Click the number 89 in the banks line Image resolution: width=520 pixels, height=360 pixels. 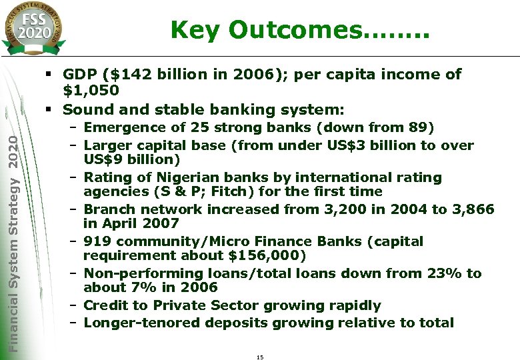(419, 127)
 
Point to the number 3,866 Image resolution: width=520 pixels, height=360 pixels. (473, 209)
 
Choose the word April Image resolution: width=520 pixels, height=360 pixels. (117, 224)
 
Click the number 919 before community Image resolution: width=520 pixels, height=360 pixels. (97, 241)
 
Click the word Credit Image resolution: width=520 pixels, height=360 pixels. (107, 306)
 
